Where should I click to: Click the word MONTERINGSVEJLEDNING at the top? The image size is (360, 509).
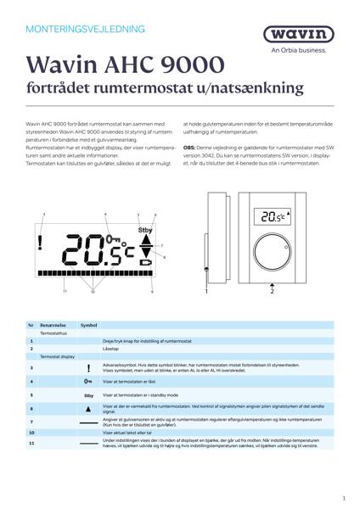click(x=76, y=28)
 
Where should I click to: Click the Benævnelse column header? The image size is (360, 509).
click(x=53, y=325)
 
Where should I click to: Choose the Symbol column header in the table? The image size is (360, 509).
click(x=89, y=325)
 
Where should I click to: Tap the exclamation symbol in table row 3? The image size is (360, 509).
click(x=88, y=369)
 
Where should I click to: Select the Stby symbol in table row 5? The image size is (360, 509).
click(x=88, y=395)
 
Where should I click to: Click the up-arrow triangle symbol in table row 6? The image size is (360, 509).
click(x=88, y=409)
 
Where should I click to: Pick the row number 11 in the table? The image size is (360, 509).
click(x=31, y=444)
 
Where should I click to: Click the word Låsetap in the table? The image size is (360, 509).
click(x=110, y=349)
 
